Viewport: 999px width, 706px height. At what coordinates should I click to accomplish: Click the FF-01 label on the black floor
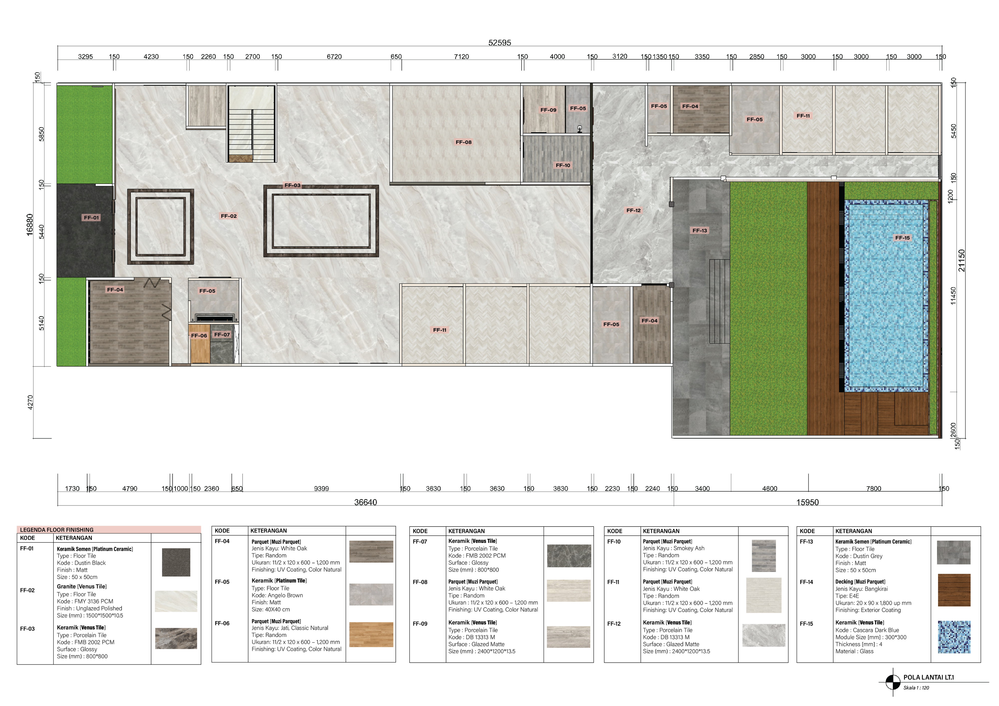click(91, 217)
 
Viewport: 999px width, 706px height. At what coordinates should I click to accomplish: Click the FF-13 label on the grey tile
click(700, 230)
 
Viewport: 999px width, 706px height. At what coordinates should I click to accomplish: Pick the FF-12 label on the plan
click(634, 210)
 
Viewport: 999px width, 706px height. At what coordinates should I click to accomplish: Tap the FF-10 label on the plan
click(563, 165)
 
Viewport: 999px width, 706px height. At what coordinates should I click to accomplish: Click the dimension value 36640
click(365, 503)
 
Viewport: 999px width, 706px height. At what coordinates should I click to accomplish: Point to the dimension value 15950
click(807, 503)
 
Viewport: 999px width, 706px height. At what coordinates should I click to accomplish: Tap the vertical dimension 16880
click(29, 225)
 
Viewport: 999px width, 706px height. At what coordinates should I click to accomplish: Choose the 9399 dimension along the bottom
click(321, 489)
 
